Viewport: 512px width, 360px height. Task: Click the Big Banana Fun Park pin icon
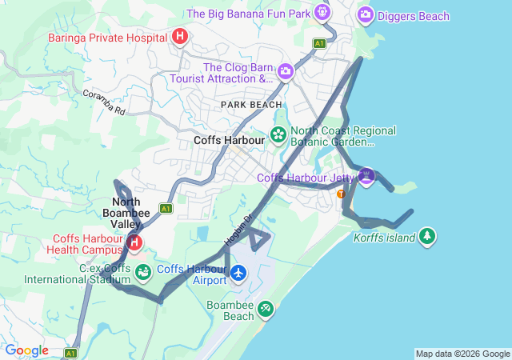322,13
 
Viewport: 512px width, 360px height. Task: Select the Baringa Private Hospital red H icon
180,37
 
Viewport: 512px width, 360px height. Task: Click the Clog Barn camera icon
285,73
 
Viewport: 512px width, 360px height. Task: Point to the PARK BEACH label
251,105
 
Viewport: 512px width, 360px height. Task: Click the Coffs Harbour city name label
229,140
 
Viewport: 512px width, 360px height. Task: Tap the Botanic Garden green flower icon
278,134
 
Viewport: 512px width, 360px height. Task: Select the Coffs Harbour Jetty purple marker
366,175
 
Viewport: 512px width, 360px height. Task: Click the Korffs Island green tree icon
428,236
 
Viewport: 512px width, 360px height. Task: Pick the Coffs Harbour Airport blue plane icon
238,274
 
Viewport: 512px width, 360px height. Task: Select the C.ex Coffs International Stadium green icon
142,273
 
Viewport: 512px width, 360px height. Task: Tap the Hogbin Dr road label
238,228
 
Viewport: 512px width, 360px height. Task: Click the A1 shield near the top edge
320,43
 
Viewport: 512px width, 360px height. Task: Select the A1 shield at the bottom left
70,352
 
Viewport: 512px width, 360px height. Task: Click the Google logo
26,350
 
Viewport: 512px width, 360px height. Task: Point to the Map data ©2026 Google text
462,354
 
